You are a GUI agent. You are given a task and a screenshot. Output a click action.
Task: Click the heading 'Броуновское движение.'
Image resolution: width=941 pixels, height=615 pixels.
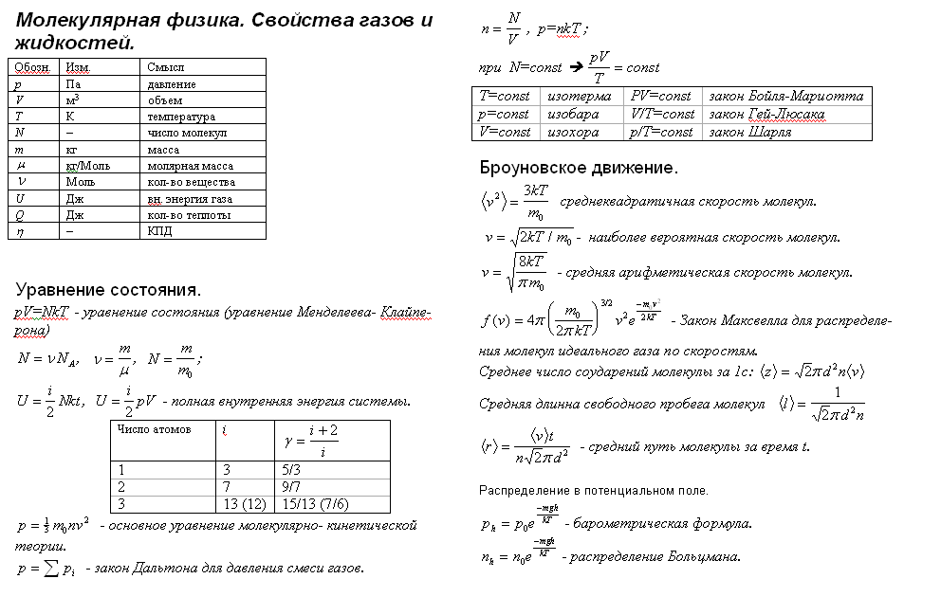579,168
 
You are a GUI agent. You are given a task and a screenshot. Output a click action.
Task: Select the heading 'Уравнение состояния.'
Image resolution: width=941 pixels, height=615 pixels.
108,289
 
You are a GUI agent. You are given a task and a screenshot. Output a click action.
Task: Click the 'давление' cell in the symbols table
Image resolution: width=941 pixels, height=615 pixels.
172,84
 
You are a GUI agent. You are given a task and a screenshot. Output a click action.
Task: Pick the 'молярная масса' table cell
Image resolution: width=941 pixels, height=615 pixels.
190,165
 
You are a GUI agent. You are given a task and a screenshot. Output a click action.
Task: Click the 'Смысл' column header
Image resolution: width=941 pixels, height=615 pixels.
165,67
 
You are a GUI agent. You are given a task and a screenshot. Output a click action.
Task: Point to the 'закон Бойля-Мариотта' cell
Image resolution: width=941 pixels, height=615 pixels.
785,97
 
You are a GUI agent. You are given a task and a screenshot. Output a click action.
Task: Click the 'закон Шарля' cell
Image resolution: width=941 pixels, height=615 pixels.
749,133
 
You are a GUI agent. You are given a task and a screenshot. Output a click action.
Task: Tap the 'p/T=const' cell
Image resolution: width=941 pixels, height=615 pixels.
662,133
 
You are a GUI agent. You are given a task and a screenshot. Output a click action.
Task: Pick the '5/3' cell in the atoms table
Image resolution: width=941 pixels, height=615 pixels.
292,469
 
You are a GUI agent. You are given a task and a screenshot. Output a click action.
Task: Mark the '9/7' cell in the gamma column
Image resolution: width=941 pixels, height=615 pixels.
292,486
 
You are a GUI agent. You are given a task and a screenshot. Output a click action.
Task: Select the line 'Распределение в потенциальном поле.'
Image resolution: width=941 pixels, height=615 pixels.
593,491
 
